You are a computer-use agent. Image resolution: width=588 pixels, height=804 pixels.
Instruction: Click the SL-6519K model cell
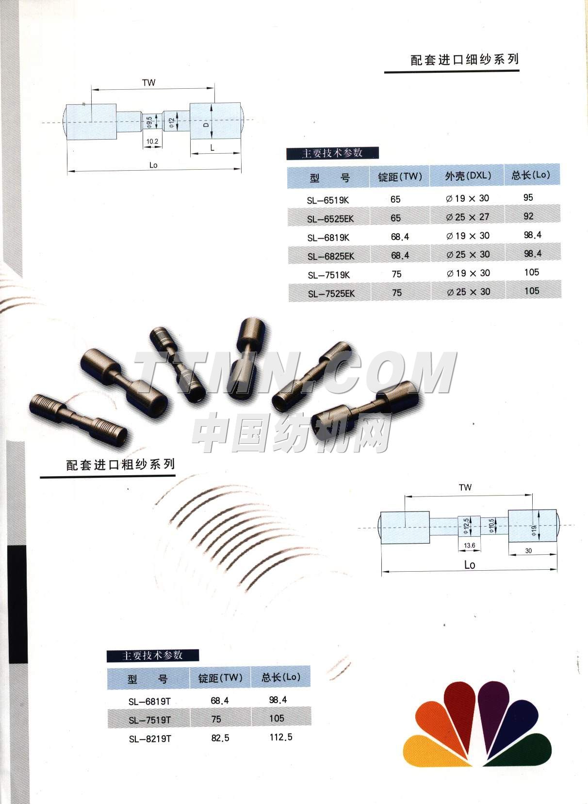tap(328, 200)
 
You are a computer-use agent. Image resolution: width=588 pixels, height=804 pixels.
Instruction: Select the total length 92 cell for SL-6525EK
tap(528, 216)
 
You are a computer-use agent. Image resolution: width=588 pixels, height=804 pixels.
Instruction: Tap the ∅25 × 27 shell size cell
tap(468, 217)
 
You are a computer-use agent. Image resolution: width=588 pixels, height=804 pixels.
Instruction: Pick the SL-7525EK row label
tap(331, 293)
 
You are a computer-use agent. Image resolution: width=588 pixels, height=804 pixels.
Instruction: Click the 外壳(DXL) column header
tap(468, 176)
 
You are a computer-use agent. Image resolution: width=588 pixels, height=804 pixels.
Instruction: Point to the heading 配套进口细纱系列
tap(464, 60)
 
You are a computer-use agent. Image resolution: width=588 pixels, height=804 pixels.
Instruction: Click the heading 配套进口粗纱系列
tap(120, 465)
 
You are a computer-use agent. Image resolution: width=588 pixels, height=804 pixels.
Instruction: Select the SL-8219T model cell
tap(150, 739)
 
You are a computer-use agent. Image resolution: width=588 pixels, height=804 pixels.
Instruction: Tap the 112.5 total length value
tap(281, 737)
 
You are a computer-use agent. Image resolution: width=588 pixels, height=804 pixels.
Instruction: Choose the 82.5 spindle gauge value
tap(220, 738)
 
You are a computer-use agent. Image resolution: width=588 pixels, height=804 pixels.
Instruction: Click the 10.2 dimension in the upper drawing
tap(152, 142)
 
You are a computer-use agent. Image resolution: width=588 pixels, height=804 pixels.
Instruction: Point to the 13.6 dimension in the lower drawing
tap(469, 546)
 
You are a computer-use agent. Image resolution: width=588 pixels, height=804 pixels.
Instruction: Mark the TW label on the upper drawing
tap(148, 82)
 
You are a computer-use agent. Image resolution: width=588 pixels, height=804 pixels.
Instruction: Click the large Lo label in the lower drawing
tap(469, 565)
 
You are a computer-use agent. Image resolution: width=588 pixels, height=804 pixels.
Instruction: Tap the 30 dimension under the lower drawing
tap(528, 551)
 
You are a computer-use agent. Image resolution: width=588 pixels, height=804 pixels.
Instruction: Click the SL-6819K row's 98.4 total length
tap(532, 235)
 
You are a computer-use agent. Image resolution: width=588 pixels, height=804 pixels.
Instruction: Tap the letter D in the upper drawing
tap(206, 125)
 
